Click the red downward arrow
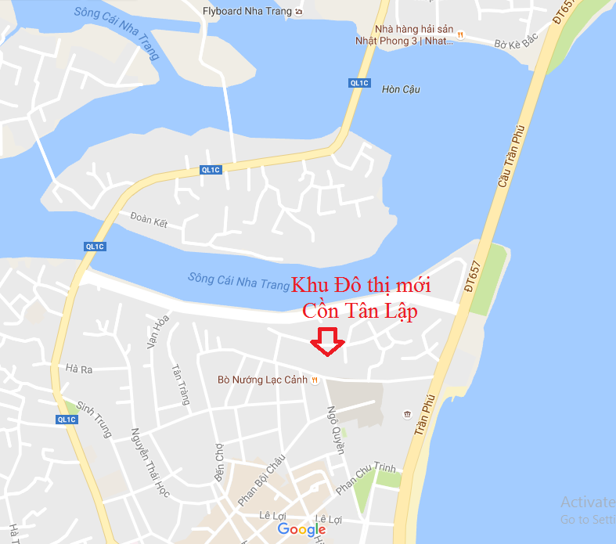tap(328, 342)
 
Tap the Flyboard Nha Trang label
tap(248, 11)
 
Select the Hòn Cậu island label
tap(401, 89)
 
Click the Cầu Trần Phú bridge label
tap(510, 157)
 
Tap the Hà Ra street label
tap(80, 368)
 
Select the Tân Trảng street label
tap(181, 384)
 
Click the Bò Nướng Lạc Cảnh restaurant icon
tap(315, 380)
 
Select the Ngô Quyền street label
tap(336, 430)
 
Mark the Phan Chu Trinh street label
tap(366, 478)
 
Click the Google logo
tap(301, 529)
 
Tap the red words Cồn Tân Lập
tap(360, 311)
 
